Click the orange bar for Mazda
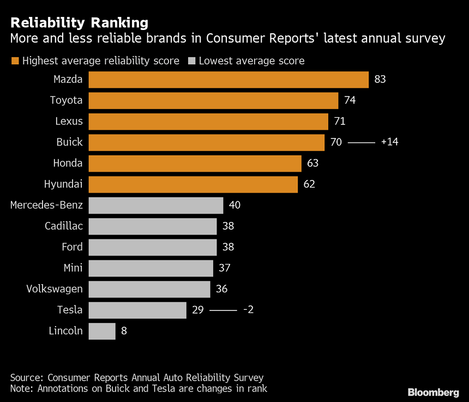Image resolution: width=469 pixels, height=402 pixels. point(229,80)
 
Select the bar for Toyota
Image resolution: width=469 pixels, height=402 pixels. point(213,100)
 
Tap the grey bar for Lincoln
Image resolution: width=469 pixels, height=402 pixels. point(102,331)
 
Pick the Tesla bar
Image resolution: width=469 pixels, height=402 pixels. point(137,310)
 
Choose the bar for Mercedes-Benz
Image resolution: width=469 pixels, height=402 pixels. point(156,206)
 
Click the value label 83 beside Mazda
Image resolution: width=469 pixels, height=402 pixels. point(380,80)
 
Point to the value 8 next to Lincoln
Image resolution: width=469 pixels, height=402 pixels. point(124,331)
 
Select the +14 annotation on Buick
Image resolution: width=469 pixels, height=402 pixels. point(390,142)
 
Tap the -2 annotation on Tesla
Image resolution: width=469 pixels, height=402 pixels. point(248,310)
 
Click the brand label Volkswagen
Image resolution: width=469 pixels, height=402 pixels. point(55,289)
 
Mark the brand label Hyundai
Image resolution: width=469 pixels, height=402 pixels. point(63,184)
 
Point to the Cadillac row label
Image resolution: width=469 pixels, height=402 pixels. point(64,226)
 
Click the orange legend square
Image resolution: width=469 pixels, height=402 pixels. point(15,61)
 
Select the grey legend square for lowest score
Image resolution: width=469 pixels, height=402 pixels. point(191,61)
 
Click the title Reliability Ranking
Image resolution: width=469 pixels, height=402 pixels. point(79,23)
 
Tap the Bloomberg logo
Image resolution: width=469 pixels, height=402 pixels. point(434,392)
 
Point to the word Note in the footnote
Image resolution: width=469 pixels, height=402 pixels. point(21,388)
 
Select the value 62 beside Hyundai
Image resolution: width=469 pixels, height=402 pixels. point(309,184)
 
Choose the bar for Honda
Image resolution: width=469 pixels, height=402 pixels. point(195,164)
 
